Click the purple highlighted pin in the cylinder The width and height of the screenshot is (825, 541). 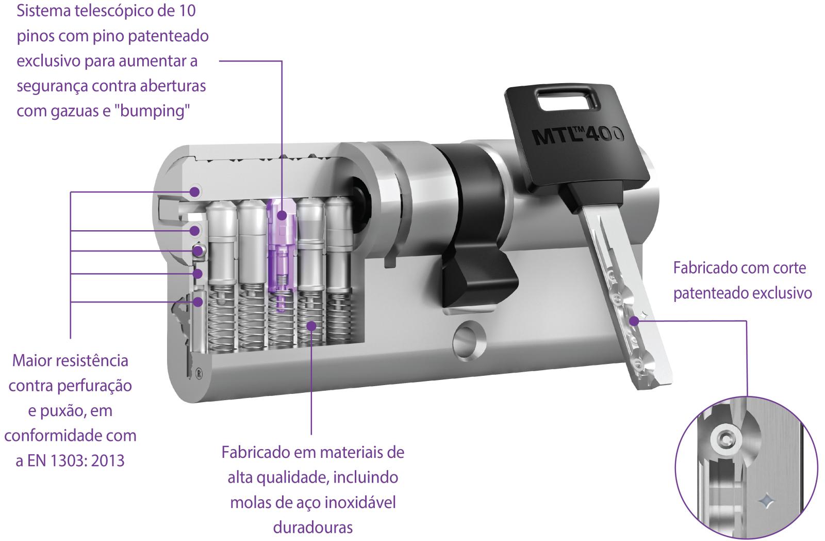[282, 248]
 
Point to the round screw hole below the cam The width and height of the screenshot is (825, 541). [469, 340]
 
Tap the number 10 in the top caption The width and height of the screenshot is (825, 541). [187, 11]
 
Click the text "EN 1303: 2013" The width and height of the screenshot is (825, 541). [76, 460]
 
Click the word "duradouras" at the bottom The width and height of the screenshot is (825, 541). [313, 527]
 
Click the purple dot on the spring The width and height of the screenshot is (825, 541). [311, 325]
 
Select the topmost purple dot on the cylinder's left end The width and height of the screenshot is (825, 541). [194, 192]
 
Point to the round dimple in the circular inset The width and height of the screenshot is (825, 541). [726, 440]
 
